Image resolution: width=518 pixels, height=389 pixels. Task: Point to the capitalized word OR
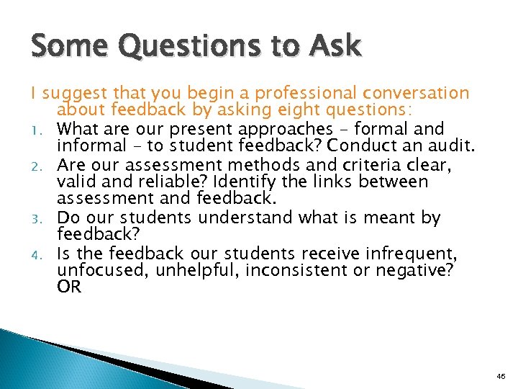pyautogui.click(x=69, y=287)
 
